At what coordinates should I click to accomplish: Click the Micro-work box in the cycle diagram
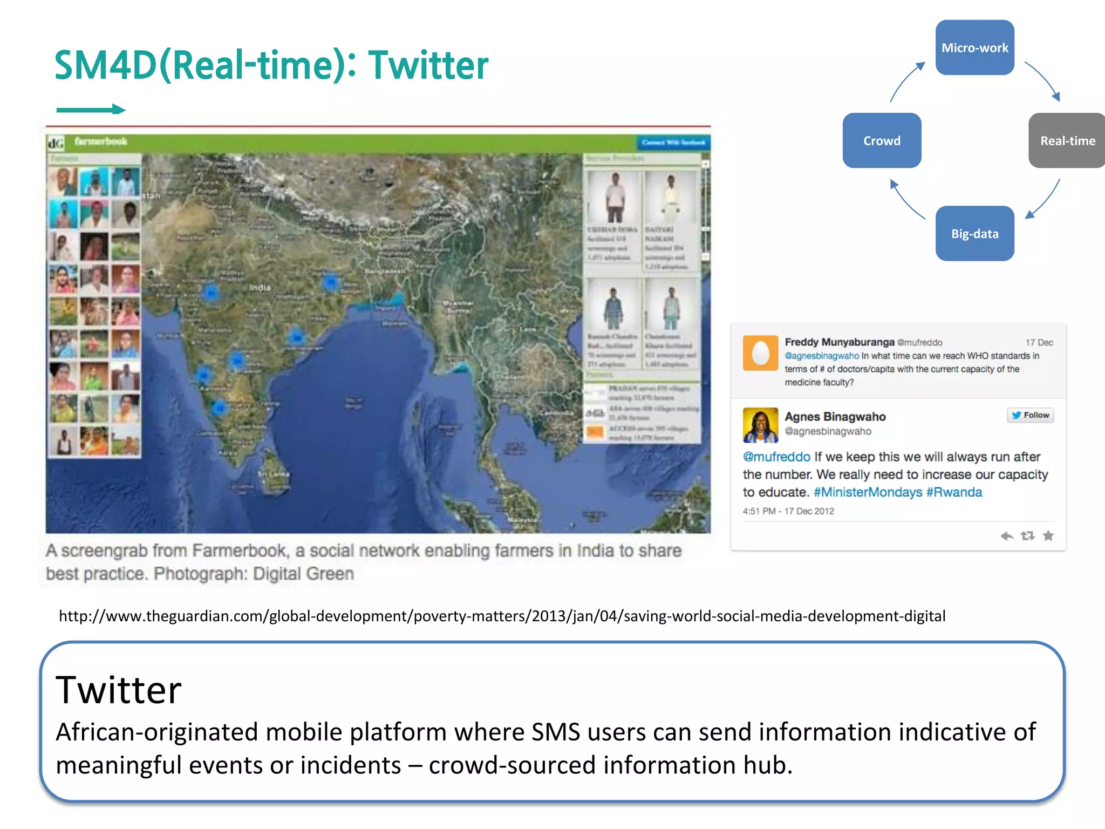click(974, 47)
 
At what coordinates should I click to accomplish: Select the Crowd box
click(882, 140)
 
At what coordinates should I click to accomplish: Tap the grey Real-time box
click(1067, 140)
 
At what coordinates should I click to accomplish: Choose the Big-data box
click(974, 233)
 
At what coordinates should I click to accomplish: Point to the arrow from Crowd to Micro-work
click(906, 81)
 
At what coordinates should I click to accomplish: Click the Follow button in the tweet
click(1030, 415)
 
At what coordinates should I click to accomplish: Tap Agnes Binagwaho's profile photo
click(760, 425)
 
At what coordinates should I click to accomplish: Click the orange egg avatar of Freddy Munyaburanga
click(760, 353)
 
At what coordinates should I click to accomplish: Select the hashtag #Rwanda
click(954, 492)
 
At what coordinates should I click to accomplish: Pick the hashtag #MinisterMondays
click(868, 492)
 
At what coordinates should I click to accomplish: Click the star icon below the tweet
click(1048, 535)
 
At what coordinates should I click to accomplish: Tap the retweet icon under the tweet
click(1027, 535)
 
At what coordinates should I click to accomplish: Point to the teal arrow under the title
click(91, 110)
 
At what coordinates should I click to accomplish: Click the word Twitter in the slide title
click(428, 65)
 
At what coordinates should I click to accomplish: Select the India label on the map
click(260, 288)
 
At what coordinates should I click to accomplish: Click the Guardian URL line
click(502, 616)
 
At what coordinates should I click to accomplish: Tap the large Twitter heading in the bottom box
click(119, 690)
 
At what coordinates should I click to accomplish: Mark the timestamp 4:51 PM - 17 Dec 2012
click(788, 511)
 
